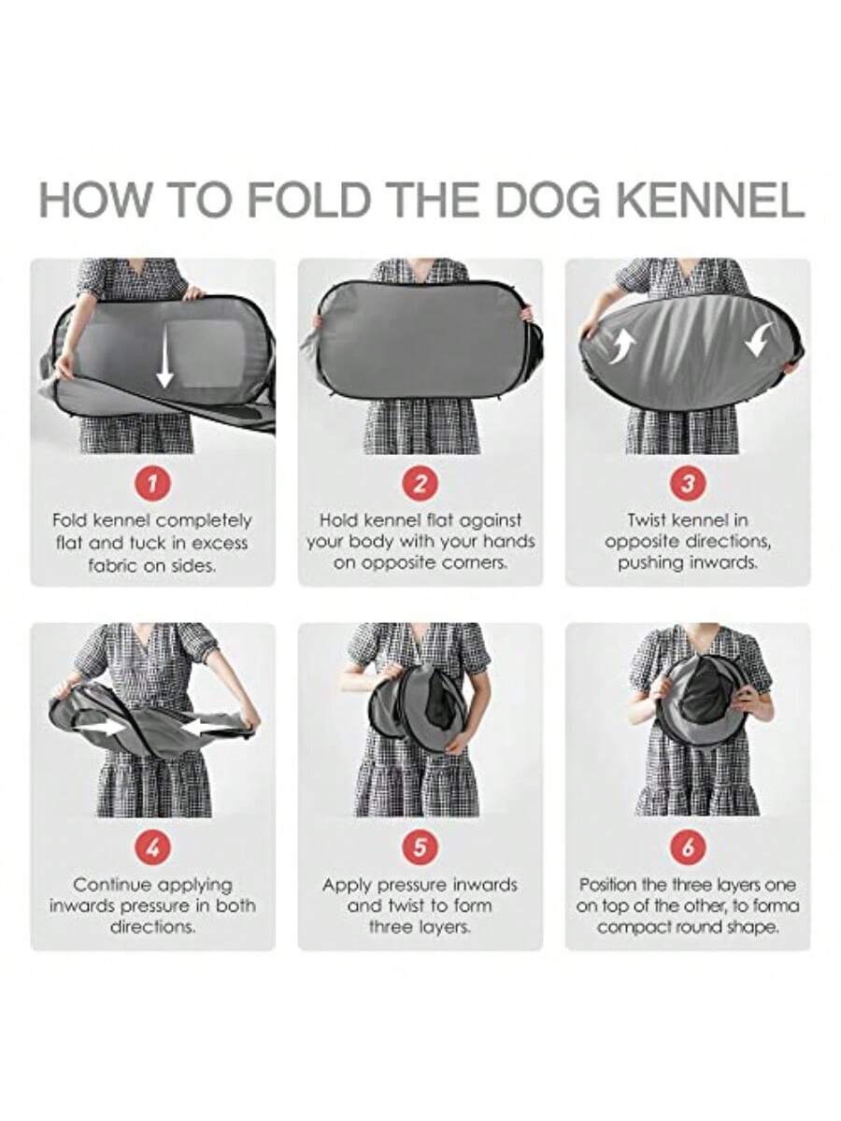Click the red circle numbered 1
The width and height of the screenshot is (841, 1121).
pos(152,483)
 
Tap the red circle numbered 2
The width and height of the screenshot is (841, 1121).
pos(420,483)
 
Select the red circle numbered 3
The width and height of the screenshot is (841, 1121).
pos(688,483)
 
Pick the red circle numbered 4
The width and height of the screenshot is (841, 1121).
pos(152,848)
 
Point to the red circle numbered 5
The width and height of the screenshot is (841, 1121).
pos(420,848)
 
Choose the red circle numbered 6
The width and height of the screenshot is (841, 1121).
pos(688,848)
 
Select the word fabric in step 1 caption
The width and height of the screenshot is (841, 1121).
pos(110,566)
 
